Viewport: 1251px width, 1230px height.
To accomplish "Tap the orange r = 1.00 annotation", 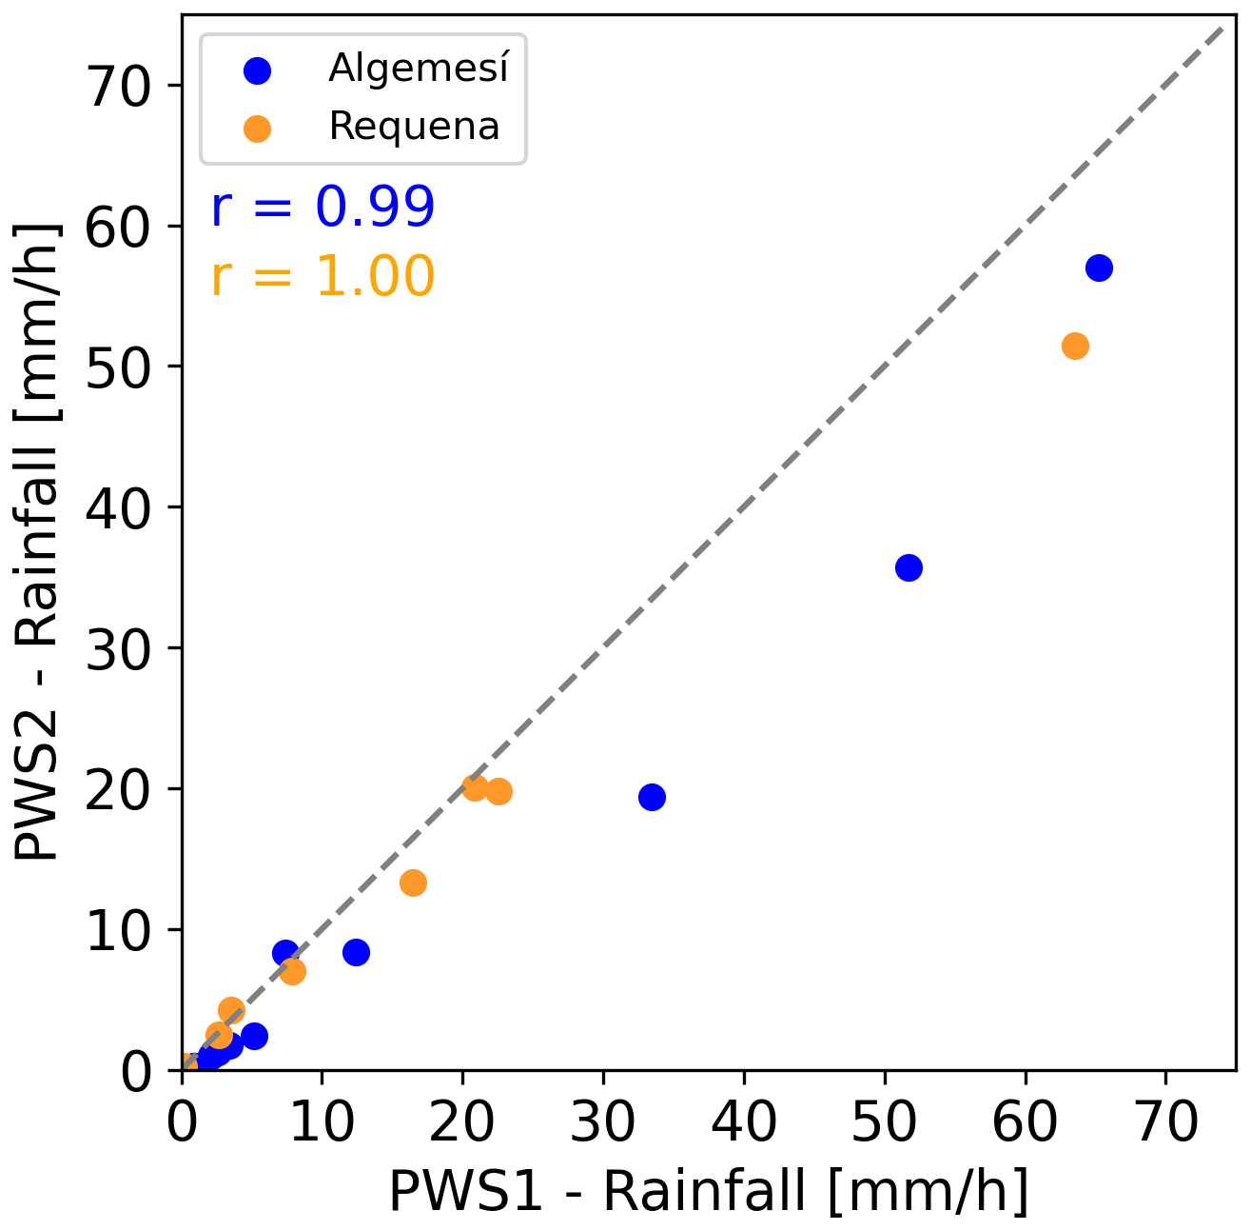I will click(323, 276).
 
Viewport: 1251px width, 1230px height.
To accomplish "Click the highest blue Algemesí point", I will click(1099, 268).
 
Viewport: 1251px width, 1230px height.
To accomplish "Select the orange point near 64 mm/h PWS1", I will click(1075, 346).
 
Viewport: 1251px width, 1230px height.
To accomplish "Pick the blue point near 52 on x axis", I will click(909, 567).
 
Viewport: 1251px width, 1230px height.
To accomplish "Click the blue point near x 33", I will click(652, 797).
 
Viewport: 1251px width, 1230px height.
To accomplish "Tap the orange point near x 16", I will click(413, 883).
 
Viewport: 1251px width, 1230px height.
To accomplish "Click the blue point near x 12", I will click(356, 952).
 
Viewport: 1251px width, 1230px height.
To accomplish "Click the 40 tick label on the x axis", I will click(744, 1123).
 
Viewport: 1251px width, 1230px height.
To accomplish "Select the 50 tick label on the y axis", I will click(118, 367).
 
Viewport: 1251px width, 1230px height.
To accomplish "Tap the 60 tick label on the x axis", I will click(1026, 1123).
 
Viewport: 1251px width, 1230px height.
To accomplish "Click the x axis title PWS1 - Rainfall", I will click(709, 1190).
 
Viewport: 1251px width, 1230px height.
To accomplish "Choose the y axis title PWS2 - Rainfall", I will click(38, 543).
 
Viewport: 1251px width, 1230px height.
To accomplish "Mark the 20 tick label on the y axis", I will click(118, 789).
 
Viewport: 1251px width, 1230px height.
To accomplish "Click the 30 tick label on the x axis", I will click(603, 1123).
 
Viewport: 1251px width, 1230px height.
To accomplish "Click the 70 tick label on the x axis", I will click(1166, 1123).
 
